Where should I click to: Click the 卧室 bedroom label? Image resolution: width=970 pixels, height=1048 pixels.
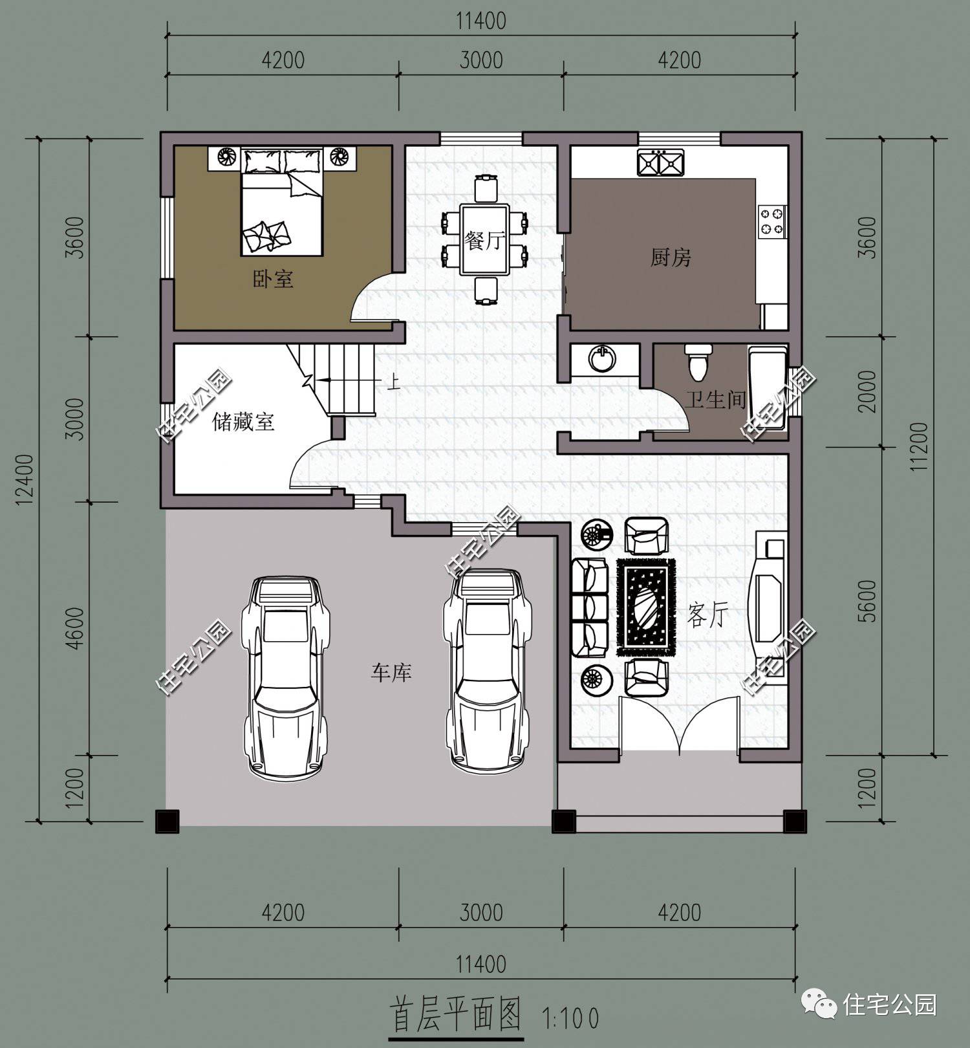(x=272, y=279)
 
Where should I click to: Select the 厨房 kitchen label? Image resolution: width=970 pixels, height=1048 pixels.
(x=671, y=258)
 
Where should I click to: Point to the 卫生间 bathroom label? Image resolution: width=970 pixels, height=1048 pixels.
(x=716, y=399)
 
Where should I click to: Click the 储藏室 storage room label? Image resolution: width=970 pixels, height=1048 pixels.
(x=243, y=422)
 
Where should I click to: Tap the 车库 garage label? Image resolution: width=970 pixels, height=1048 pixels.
(x=391, y=673)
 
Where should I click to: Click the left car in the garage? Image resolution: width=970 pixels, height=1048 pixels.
(x=285, y=675)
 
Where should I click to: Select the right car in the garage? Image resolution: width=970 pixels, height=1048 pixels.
(x=486, y=671)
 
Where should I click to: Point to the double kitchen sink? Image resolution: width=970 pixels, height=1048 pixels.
(x=660, y=162)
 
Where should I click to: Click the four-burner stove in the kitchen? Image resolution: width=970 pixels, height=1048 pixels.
(x=771, y=220)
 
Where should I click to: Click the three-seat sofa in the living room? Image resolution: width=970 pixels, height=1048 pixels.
(x=590, y=609)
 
